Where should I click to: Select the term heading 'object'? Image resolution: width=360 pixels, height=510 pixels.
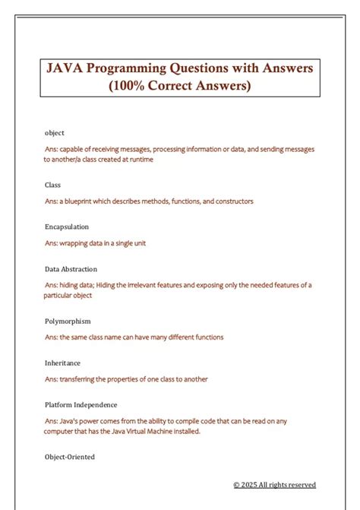55,132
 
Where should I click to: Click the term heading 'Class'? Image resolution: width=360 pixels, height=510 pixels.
52,185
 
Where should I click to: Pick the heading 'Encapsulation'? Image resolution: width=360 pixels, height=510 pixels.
67,226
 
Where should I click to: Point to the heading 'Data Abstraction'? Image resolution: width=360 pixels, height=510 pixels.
71,269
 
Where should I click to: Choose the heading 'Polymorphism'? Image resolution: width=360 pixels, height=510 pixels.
69,321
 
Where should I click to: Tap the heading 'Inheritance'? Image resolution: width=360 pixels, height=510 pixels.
62,363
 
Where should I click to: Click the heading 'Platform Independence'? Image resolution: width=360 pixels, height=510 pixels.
81,405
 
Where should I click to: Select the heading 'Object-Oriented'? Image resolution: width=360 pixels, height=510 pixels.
69,457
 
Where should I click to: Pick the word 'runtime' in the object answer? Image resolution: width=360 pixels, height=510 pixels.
147,160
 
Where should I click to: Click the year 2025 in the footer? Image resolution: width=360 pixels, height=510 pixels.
249,485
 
